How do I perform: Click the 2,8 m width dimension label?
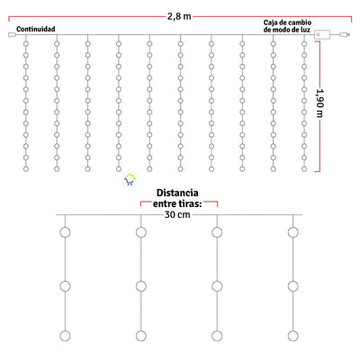[179, 16]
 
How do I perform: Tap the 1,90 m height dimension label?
[320, 103]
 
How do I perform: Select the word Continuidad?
[36, 29]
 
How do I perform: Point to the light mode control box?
[322, 35]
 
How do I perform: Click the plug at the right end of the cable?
[346, 35]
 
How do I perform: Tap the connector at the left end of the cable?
[12, 35]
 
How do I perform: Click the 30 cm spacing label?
[177, 214]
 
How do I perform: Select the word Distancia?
[177, 193]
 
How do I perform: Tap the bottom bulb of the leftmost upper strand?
[26, 169]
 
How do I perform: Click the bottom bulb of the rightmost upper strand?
[304, 169]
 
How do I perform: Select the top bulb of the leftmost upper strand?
[26, 44]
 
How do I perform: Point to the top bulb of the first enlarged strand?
[65, 232]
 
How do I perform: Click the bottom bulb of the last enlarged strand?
[292, 336]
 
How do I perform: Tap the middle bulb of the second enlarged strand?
[141, 286]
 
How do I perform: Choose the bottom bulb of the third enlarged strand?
[217, 336]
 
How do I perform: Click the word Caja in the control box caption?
[270, 22]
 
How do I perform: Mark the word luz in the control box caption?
[306, 30]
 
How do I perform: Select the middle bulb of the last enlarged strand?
[292, 286]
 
